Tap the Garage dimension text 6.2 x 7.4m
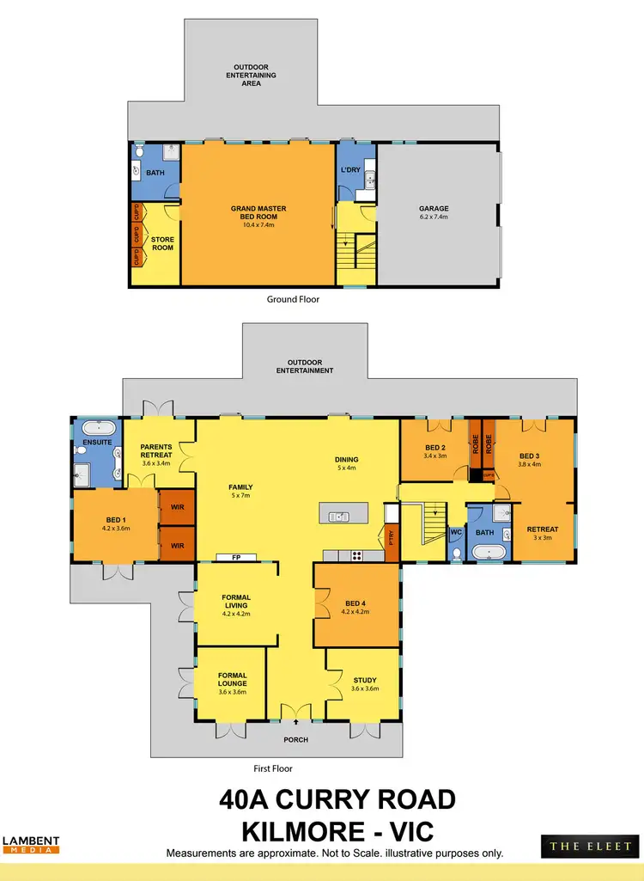pos(434,217)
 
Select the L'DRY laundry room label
pos(350,170)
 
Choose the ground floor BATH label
pos(155,173)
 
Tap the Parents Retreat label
pos(157,451)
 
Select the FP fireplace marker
pos(235,557)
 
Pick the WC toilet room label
pos(456,533)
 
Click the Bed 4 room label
pos(355,603)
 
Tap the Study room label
pos(364,681)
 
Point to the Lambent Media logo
pos(30,845)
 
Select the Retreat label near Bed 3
pos(542,529)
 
